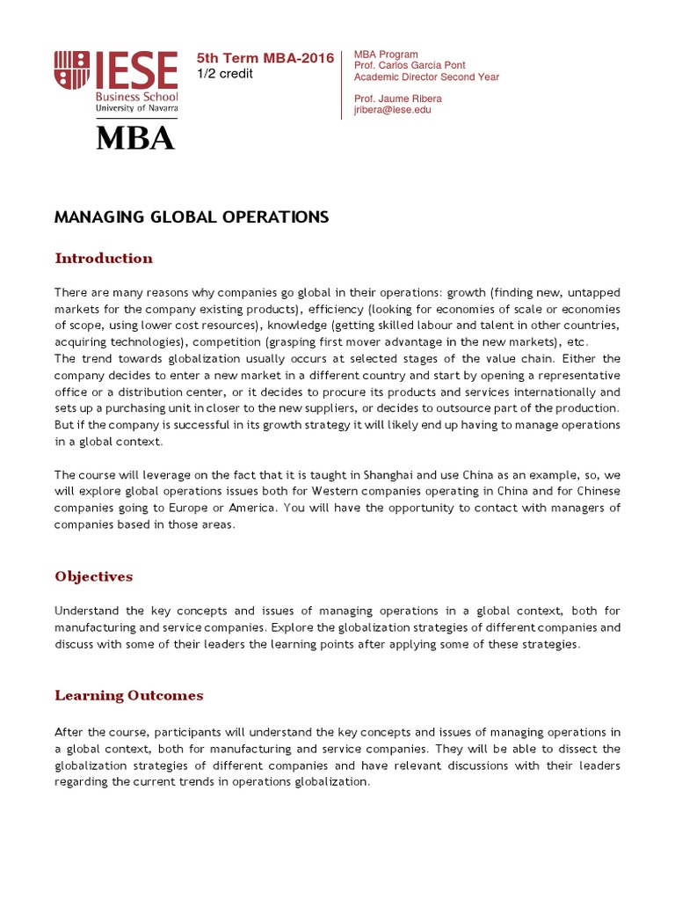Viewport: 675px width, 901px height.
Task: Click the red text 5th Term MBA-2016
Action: point(265,58)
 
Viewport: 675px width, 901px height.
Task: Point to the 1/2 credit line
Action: point(224,74)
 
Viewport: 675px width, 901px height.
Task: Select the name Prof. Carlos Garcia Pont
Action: point(409,66)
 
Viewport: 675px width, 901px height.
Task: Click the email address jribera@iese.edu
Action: point(392,110)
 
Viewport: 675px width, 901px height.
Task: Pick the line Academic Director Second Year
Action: point(426,77)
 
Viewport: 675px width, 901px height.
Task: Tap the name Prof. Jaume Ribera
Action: point(397,99)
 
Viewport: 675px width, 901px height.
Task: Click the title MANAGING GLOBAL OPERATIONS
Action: point(191,216)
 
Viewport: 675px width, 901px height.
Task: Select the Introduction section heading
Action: point(104,259)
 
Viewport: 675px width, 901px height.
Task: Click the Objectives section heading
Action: point(94,577)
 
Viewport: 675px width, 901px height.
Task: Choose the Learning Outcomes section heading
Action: point(129,696)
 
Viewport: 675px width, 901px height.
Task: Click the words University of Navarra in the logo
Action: point(137,108)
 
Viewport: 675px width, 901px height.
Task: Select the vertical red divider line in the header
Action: point(341,84)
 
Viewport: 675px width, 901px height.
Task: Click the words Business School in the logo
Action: point(137,97)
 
